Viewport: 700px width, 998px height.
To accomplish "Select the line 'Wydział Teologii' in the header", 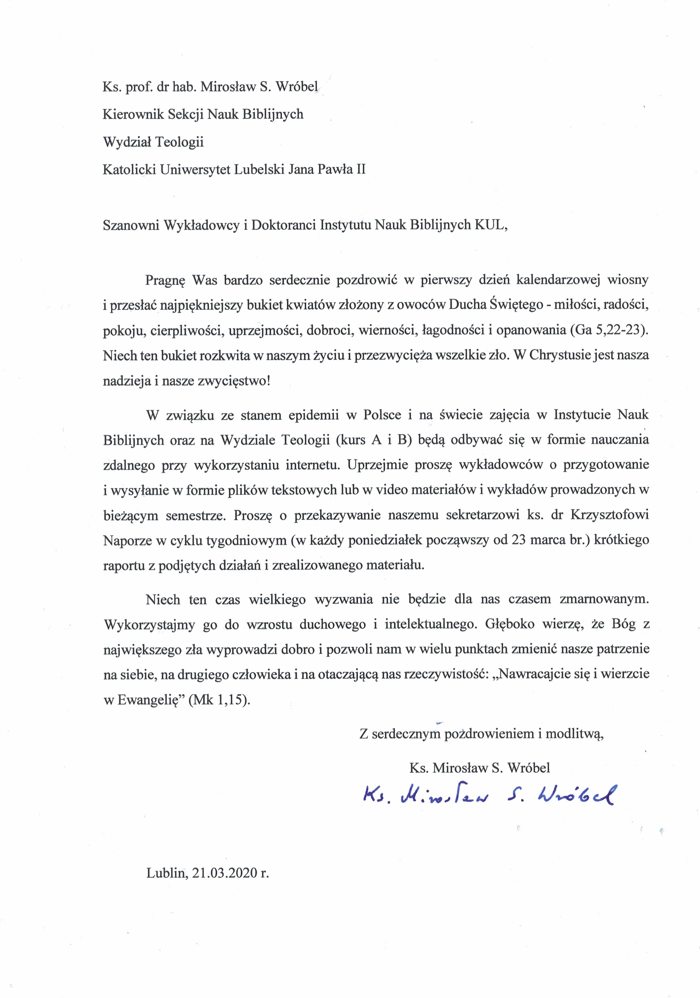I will (x=153, y=142).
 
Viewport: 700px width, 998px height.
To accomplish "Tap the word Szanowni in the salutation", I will (x=130, y=225).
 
